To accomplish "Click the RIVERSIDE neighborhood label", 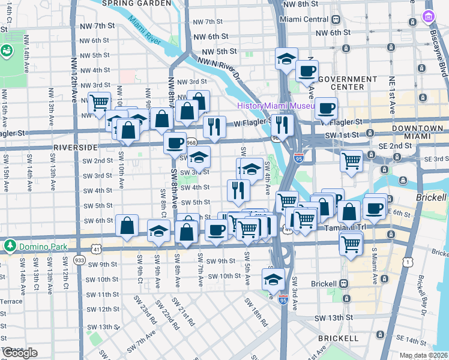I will (x=75, y=147).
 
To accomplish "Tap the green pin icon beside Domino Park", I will (x=10, y=245).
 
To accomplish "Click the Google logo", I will (x=20, y=353).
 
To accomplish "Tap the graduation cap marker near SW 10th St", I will (x=273, y=279).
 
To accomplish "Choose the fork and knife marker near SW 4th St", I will (x=238, y=190).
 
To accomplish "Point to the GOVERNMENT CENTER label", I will (x=339, y=83).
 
